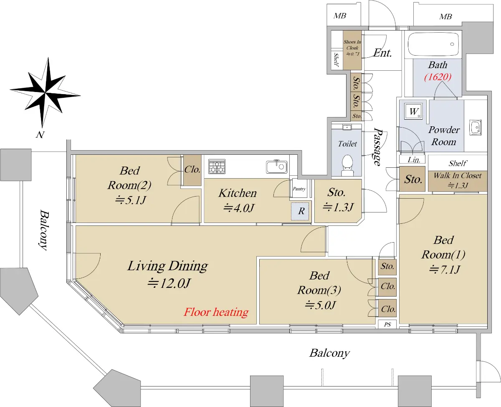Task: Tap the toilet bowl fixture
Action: pos(347,165)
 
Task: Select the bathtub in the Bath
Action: pos(433,44)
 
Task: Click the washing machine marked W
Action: pos(413,111)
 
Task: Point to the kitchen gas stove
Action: pos(217,166)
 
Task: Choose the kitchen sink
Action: pos(277,166)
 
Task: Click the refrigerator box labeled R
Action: pos(300,211)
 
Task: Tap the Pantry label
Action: pos(299,189)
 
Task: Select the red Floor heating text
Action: pos(216,312)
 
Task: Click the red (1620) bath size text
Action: pos(438,77)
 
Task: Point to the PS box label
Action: pos(387,325)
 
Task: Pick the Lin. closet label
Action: pos(414,160)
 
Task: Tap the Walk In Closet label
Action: pos(458,176)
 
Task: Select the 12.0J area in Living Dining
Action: pos(169,283)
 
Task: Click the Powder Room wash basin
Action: pos(475,127)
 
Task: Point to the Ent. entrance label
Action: pos(383,53)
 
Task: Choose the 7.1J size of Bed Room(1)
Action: pos(444,269)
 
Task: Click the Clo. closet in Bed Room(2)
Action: pos(192,169)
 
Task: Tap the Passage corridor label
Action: pos(377,147)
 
